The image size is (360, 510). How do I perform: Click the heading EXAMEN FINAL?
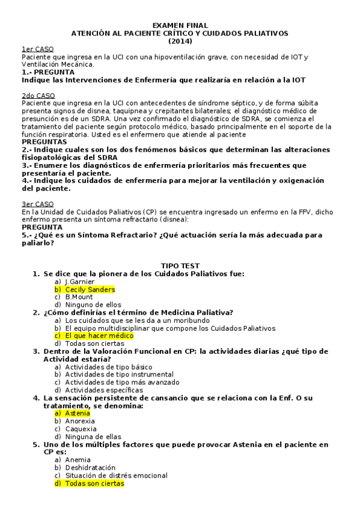coord(180,25)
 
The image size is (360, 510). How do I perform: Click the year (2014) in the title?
coord(180,41)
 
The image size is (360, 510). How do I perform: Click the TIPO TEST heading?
coord(180,266)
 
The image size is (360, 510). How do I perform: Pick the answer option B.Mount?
coord(79,297)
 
